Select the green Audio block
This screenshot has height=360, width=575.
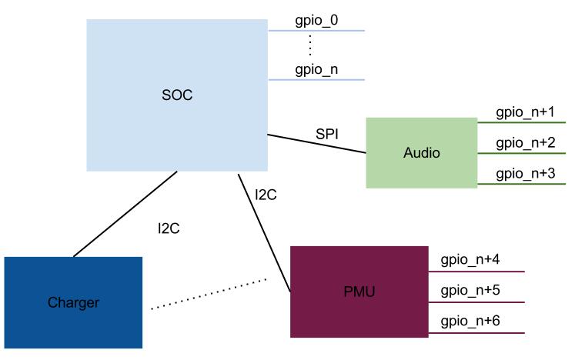(x=421, y=153)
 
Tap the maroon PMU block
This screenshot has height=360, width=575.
(x=359, y=292)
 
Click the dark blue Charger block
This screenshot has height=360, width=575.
(x=73, y=302)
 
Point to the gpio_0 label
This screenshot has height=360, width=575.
(x=316, y=21)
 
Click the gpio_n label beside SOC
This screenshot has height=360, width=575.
(x=316, y=70)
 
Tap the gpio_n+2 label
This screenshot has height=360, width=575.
(x=525, y=142)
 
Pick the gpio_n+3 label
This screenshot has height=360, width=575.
(x=525, y=173)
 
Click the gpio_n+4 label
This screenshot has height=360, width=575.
(x=470, y=261)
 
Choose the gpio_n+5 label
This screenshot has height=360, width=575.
(x=470, y=291)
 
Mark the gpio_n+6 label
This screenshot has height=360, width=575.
(x=470, y=321)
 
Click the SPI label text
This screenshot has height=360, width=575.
(x=327, y=134)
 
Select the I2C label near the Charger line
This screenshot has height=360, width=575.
(x=169, y=228)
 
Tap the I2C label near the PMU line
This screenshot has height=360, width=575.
(x=266, y=195)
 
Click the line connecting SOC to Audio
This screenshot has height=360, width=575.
(x=316, y=144)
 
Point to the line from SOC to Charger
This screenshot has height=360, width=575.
(x=125, y=215)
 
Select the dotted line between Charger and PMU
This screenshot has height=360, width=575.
(x=208, y=295)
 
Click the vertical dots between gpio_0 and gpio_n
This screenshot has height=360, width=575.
(x=309, y=45)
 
